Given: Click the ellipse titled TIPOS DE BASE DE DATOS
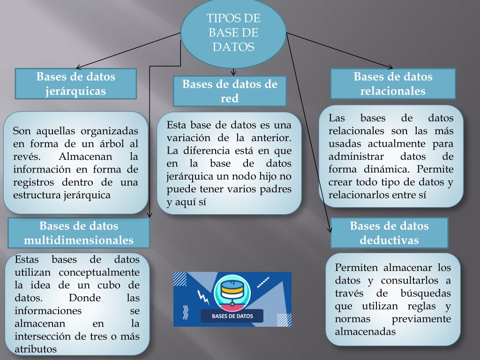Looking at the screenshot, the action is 233,33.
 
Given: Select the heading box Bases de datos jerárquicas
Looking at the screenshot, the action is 75,83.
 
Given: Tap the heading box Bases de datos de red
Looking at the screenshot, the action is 230,91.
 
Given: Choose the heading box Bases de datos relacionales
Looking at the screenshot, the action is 393,83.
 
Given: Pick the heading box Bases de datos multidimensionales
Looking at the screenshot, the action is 79,232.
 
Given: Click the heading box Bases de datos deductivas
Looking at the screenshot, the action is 389,232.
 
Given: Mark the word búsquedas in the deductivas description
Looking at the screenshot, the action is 426,293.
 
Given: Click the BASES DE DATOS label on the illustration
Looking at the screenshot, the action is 232,316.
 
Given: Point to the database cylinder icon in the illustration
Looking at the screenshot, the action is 232,291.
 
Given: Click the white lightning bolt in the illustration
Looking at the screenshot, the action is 203,297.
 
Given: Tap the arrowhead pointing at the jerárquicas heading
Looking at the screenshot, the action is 78,67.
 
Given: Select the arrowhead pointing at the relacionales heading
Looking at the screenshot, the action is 390,67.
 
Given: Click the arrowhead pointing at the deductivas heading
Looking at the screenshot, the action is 330,230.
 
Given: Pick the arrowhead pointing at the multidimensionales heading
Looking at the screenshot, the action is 149,215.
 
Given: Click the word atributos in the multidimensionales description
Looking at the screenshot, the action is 36,349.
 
